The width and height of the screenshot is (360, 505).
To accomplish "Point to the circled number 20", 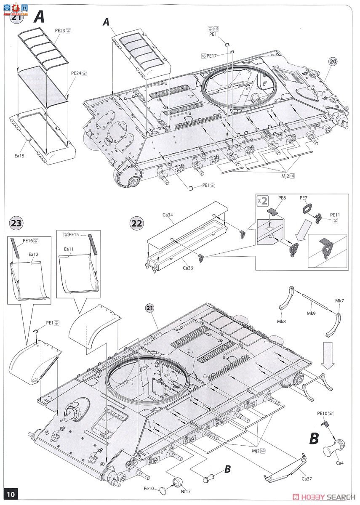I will coord(333,61).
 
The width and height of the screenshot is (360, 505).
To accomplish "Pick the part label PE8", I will coord(282,197).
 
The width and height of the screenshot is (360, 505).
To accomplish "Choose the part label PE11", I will coord(335,215).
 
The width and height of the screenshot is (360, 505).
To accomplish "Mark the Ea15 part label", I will coord(19,156).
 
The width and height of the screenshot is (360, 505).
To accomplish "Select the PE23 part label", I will coord(60,30).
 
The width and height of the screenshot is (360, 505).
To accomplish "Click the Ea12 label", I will coord(34,254).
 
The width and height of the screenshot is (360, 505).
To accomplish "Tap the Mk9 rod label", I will coord(311,314).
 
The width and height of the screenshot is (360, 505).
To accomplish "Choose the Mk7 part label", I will coord(339,300).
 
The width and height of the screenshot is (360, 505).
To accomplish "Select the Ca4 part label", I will coord(339,463).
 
